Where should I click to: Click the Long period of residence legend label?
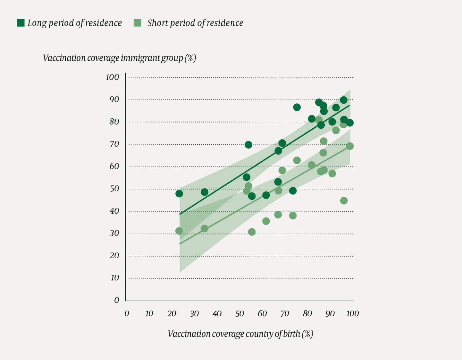(x=74, y=23)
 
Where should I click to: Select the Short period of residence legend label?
(x=195, y=23)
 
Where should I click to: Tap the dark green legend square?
(x=21, y=23)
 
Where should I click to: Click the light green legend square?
(x=138, y=23)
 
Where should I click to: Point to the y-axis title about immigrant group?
(x=119, y=58)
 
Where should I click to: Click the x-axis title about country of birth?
(x=240, y=334)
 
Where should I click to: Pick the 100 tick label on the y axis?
(x=112, y=77)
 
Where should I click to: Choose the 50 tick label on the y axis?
(x=114, y=189)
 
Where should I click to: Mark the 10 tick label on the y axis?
(x=114, y=278)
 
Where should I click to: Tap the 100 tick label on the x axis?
(x=352, y=314)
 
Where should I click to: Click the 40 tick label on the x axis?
(x=217, y=314)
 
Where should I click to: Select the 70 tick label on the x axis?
(x=285, y=314)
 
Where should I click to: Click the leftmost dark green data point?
(x=179, y=194)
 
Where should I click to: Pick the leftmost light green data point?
(x=179, y=231)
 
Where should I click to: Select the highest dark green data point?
(x=344, y=100)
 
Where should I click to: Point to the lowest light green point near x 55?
(x=252, y=232)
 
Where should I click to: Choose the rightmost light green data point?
(x=350, y=146)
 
